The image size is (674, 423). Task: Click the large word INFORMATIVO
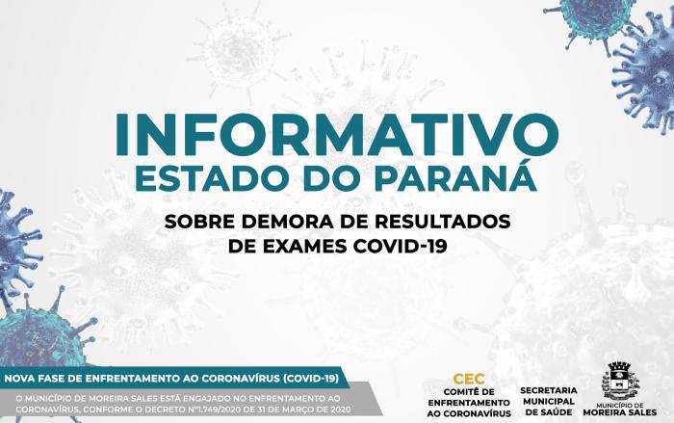337,134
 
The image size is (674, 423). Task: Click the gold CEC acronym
469,379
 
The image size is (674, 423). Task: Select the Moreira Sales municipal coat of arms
620,382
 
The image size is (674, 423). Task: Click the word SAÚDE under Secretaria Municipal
550,412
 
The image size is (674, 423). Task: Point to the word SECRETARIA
549,391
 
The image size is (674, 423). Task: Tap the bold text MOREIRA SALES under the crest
620,412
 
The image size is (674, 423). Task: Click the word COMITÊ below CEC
463,392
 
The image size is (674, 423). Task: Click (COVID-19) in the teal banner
311,379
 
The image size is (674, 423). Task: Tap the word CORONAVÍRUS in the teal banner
241,379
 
